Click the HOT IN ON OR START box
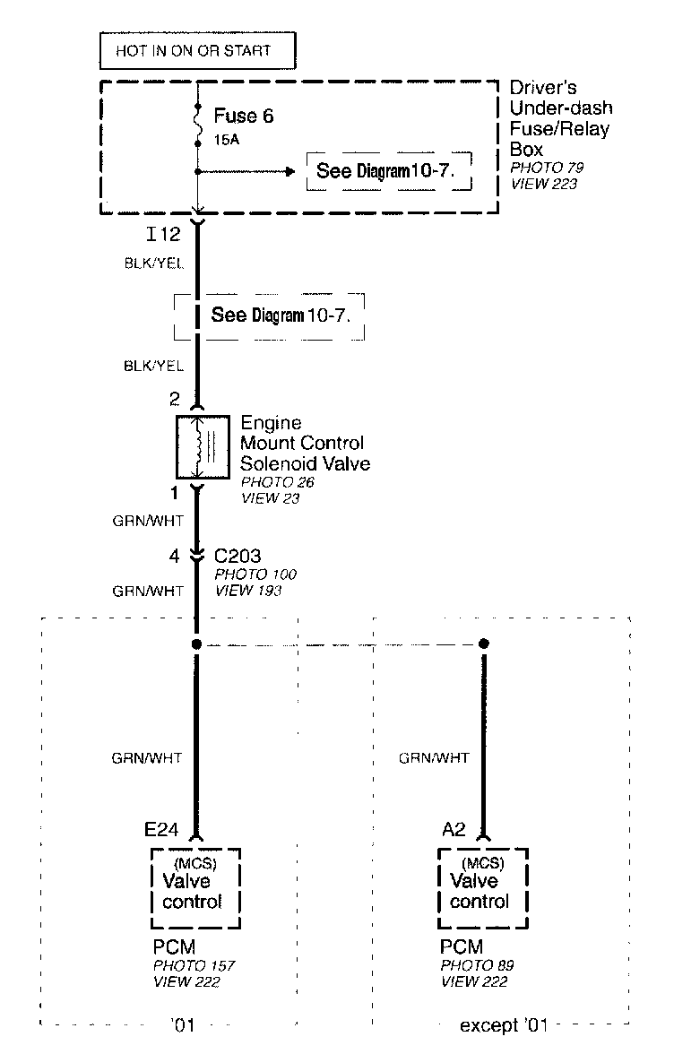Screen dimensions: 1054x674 [196, 50]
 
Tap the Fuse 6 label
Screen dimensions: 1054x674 [243, 117]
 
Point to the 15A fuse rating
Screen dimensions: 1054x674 [226, 141]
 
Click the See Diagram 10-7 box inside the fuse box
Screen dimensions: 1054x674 [389, 170]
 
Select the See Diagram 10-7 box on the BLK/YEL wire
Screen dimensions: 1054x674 [269, 315]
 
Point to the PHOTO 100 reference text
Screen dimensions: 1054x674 [255, 575]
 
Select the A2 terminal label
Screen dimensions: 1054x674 [454, 830]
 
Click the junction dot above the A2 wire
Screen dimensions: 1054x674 [484, 644]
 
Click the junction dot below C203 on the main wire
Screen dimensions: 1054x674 [196, 644]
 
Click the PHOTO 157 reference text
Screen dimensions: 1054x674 [194, 965]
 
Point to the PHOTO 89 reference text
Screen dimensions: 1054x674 [477, 965]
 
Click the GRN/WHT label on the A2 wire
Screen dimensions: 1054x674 [434, 758]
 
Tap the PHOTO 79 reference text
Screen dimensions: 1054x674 [547, 168]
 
